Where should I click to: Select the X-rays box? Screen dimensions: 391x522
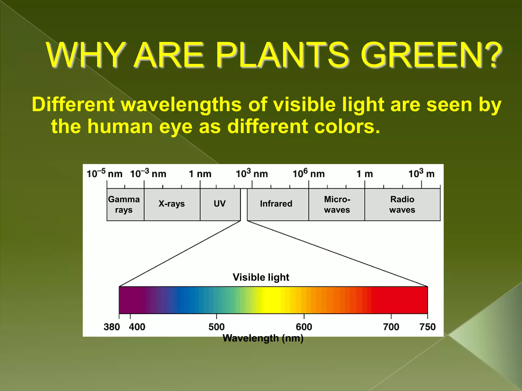click(172, 204)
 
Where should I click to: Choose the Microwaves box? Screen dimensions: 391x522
click(337, 204)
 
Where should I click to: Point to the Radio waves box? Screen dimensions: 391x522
click(402, 204)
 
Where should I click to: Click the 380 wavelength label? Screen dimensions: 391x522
click(112, 327)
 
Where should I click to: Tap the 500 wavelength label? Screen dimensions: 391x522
click(217, 327)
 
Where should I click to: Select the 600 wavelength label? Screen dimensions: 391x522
click(304, 327)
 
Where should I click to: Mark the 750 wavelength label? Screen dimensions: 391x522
click(427, 327)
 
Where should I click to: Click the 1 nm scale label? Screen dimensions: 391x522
click(200, 174)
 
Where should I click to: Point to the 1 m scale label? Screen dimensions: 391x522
click(365, 174)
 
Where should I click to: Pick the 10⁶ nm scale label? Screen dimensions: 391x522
click(309, 174)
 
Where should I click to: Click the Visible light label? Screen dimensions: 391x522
click(261, 277)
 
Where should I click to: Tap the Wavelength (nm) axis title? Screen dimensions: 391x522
click(263, 338)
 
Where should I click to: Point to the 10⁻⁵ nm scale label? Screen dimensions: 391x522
click(105, 174)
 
